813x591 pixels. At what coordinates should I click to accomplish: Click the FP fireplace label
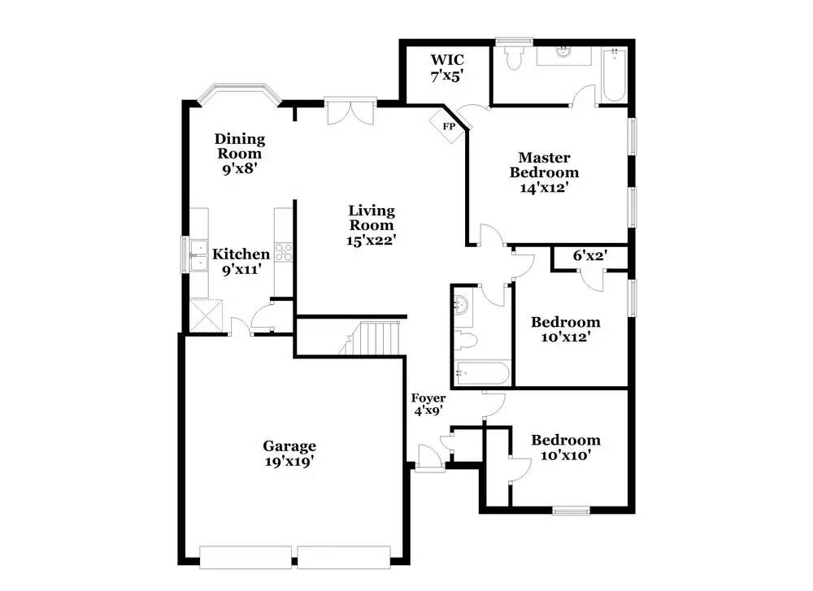[449, 126]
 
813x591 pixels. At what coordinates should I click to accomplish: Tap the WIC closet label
[447, 60]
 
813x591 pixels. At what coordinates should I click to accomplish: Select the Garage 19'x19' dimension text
[290, 461]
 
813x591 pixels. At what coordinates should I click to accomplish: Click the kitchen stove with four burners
[284, 253]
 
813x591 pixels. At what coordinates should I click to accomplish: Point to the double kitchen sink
[198, 255]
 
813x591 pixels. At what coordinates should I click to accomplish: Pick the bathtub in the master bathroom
[615, 75]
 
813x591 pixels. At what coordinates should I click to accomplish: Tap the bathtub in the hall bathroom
[481, 373]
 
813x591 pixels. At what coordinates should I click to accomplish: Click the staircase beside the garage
[372, 338]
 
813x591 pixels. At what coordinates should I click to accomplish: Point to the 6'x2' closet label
[590, 255]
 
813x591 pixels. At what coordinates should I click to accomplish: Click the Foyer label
[428, 398]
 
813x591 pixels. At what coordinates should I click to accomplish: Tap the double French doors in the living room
[350, 111]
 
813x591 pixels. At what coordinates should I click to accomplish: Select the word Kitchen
[241, 254]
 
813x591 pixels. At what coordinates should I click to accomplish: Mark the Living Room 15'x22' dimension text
[372, 240]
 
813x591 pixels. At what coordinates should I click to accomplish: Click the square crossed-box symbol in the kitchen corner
[206, 315]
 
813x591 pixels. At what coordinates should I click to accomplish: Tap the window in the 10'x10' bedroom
[571, 511]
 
